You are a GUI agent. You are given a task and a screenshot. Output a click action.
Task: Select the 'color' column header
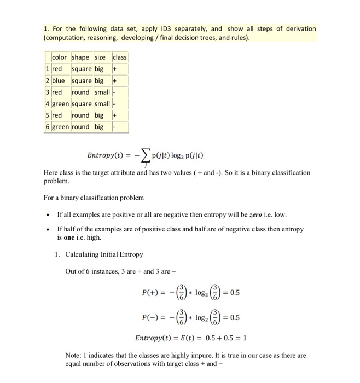point(59,57)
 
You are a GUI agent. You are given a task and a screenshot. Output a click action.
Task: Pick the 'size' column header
point(101,57)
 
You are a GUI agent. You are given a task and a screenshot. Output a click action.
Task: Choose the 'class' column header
point(119,57)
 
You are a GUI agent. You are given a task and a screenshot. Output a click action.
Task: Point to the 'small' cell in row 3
point(102,92)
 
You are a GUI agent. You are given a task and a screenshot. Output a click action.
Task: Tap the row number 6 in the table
point(48,127)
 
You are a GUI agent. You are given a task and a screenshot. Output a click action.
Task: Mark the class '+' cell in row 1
point(115,69)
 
